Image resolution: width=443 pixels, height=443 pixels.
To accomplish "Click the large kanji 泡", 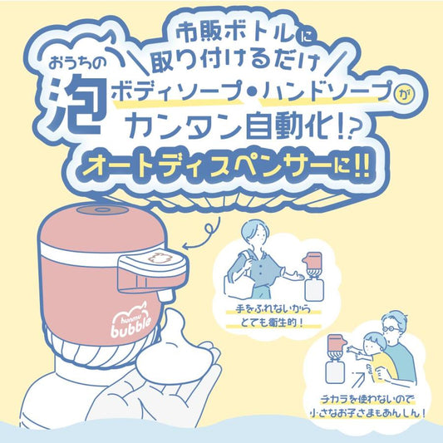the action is pyautogui.click(x=74, y=104).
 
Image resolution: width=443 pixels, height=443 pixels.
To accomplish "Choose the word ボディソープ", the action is pyautogui.click(x=175, y=91).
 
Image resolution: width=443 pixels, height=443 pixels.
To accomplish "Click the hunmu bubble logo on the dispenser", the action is pyautogui.click(x=130, y=321).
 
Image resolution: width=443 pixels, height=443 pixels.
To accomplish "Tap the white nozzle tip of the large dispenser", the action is pyautogui.click(x=165, y=295).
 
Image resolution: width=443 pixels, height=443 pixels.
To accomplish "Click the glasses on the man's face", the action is pyautogui.click(x=391, y=329).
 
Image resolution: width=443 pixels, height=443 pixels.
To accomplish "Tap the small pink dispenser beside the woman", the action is pyautogui.click(x=313, y=260).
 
